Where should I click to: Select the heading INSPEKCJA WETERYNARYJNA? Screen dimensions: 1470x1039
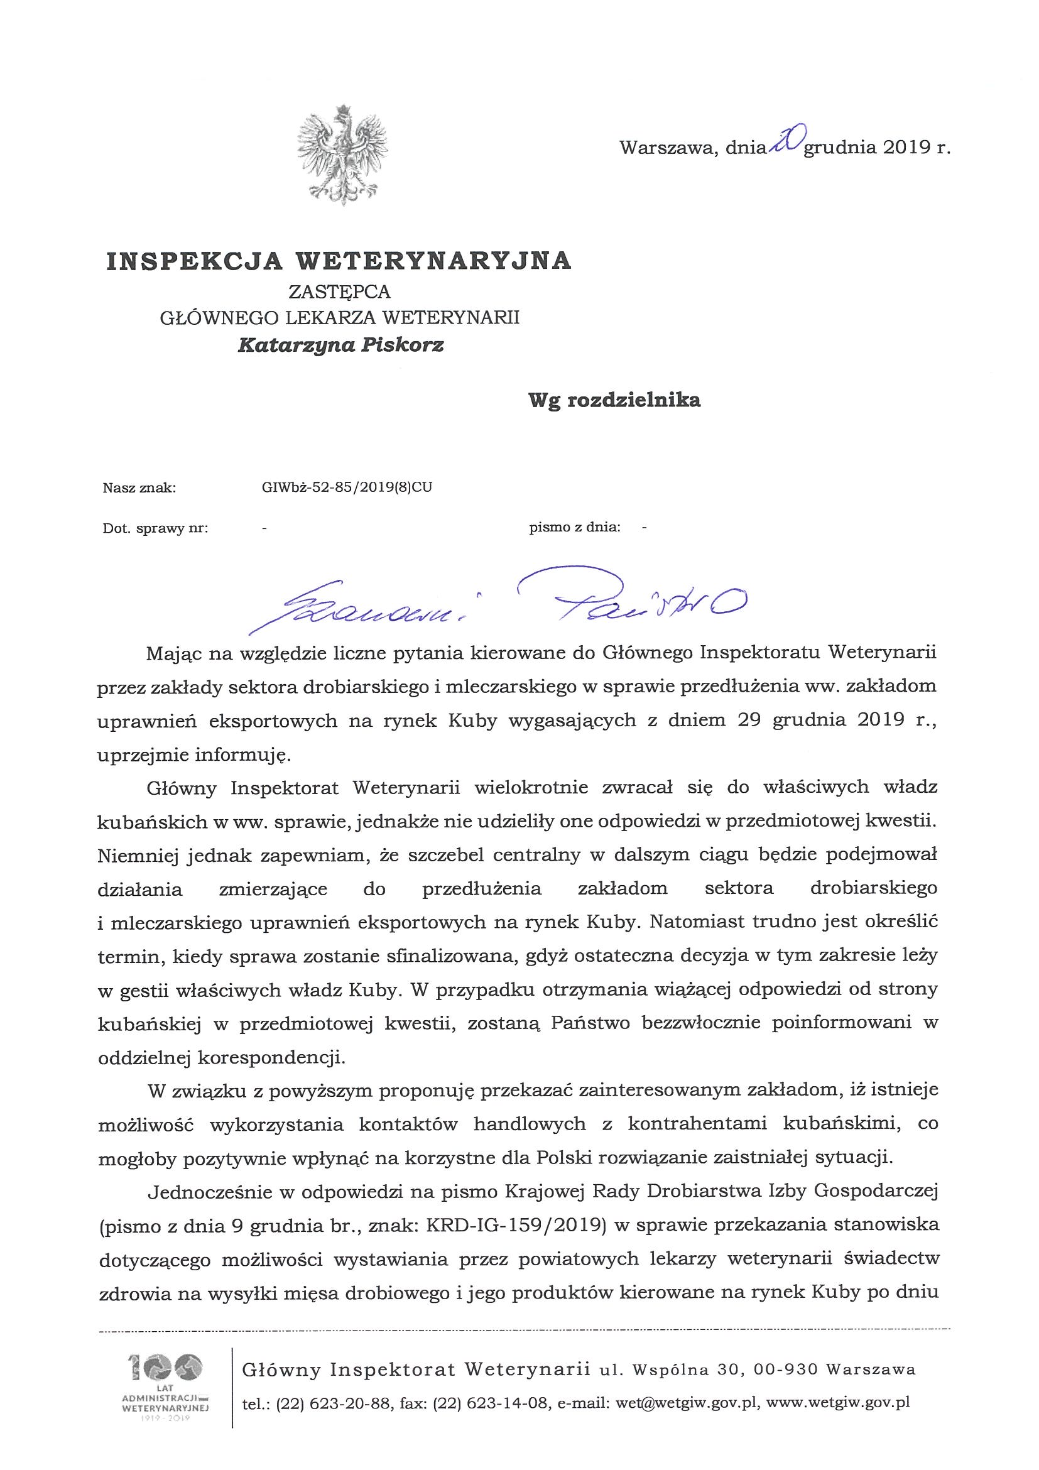[339, 261]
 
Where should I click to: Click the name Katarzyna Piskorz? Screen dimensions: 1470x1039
[340, 346]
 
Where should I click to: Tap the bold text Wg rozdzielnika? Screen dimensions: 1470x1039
[613, 400]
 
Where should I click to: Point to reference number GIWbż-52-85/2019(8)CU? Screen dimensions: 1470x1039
[342, 487]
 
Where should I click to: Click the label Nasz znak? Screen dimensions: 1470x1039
[139, 488]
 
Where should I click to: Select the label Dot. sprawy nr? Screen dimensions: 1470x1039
[155, 528]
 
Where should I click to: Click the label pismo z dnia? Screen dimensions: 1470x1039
[574, 528]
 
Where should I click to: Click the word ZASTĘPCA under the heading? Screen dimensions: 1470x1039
[339, 292]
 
